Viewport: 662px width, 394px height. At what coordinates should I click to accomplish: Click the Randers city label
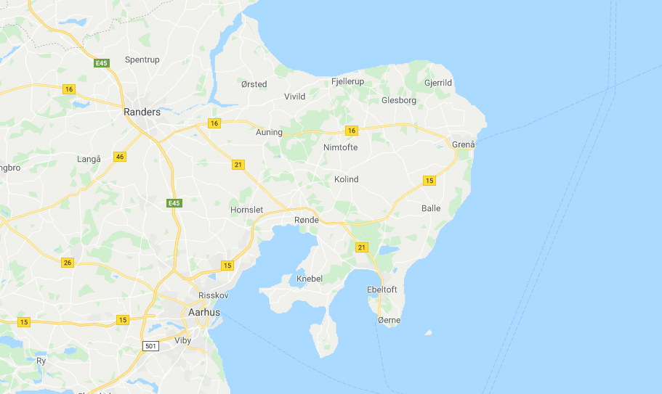point(142,112)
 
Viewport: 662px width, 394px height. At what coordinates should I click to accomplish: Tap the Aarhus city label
point(203,312)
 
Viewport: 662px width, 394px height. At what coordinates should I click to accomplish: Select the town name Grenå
point(463,144)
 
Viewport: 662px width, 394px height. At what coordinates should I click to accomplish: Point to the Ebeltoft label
point(383,290)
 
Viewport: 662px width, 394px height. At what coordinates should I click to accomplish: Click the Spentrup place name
point(142,59)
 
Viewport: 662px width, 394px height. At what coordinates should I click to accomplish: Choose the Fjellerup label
point(347,81)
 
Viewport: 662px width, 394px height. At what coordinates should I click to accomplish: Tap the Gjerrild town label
point(437,83)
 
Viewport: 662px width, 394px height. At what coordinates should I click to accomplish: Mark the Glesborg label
point(399,100)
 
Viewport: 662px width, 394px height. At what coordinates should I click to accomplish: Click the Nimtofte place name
point(340,147)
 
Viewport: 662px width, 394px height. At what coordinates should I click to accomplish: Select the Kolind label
point(346,179)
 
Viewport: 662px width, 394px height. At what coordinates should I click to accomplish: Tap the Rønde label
point(307,219)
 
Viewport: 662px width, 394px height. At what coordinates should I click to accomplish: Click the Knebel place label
point(310,279)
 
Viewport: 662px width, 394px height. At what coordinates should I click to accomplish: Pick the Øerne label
point(389,320)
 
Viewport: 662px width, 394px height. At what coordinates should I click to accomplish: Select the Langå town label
point(89,158)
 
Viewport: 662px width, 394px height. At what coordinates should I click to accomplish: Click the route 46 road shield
point(120,157)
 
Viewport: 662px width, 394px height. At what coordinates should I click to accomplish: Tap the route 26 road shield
point(68,263)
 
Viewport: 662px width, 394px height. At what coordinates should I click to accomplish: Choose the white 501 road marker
point(150,345)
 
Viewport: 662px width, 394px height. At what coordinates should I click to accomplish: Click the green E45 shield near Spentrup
point(101,64)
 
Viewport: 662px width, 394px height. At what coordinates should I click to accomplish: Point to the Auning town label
point(269,132)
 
